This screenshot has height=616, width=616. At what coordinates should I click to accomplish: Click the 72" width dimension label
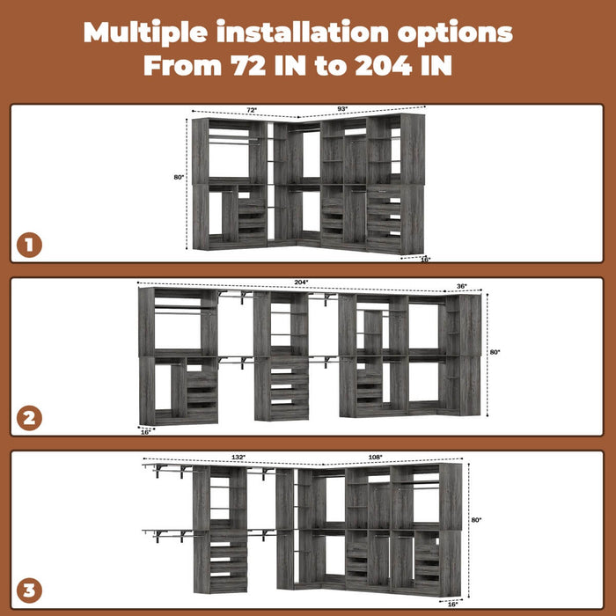pyautogui.click(x=251, y=110)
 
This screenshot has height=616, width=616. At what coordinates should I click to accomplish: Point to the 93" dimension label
pyautogui.click(x=341, y=109)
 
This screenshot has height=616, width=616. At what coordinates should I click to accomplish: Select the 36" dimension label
pyautogui.click(x=462, y=286)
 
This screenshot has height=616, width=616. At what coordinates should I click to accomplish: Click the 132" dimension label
pyautogui.click(x=238, y=458)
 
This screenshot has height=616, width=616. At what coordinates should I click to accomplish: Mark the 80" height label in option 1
pyautogui.click(x=180, y=177)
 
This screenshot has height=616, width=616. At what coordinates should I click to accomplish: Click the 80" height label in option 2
pyautogui.click(x=495, y=352)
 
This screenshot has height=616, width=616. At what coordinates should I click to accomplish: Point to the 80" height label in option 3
pyautogui.click(x=476, y=520)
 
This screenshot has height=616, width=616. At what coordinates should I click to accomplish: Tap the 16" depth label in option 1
pyautogui.click(x=425, y=260)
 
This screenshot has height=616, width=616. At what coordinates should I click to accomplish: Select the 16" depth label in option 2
pyautogui.click(x=146, y=431)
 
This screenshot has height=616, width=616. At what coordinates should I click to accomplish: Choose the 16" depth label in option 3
pyautogui.click(x=452, y=605)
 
